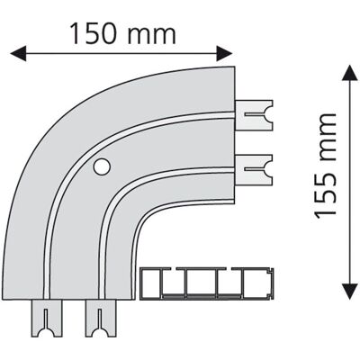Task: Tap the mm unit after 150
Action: click(151, 36)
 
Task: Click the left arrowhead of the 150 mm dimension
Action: click(18, 54)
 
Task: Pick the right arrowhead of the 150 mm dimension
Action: click(224, 54)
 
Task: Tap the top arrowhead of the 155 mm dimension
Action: click(350, 73)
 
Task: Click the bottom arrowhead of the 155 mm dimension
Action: click(350, 291)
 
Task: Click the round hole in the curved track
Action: click(102, 166)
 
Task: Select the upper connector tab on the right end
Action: click(254, 115)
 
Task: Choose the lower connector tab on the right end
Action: click(254, 169)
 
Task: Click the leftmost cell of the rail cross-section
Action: click(152, 283)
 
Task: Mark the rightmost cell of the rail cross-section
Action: click(256, 283)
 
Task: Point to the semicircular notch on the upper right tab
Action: click(269, 115)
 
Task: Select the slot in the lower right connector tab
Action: click(255, 169)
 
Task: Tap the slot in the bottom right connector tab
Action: click(99, 319)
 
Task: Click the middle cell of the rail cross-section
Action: click(201, 283)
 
